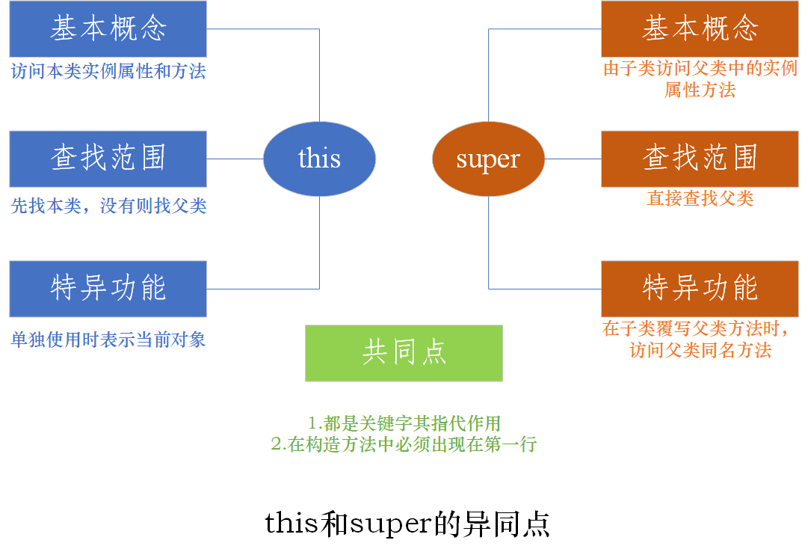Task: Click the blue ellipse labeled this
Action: pos(319,159)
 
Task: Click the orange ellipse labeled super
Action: pos(488,159)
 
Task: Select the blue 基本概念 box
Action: pos(108,29)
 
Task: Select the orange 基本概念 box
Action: pos(700,29)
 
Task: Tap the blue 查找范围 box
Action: pos(108,159)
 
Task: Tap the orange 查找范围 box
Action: pos(700,159)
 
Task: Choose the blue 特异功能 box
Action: pos(108,289)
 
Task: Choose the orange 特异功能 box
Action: pos(700,289)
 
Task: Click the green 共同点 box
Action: pos(404,353)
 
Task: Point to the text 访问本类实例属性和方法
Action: pos(108,72)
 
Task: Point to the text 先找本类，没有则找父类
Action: pos(108,206)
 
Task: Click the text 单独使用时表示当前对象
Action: pos(108,340)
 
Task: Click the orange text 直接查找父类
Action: pos(700,199)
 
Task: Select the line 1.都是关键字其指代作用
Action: pos(404,423)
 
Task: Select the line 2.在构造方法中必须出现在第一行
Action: pos(404,444)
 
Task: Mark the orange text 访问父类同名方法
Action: pos(700,350)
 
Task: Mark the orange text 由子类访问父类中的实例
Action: pos(700,69)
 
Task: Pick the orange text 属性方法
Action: pos(700,91)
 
